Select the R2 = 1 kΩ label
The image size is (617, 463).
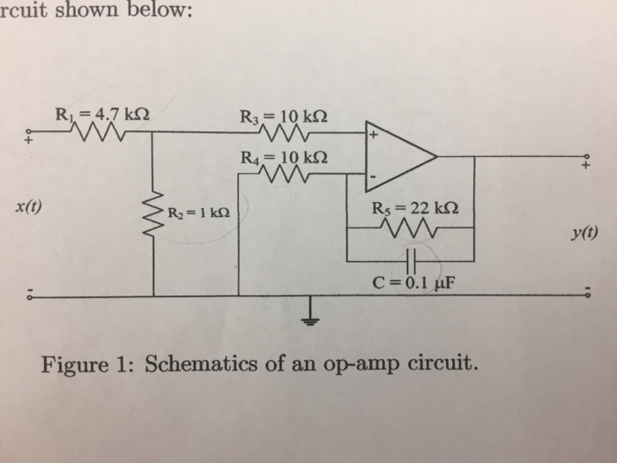coord(199,213)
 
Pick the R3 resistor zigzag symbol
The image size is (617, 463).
coord(282,134)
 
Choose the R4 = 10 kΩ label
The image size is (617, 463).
coord(281,157)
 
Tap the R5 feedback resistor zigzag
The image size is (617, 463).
coord(413,228)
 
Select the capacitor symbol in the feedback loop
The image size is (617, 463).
coord(412,261)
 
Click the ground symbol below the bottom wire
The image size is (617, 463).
coord(310,313)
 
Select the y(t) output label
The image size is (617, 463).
coord(584,234)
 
